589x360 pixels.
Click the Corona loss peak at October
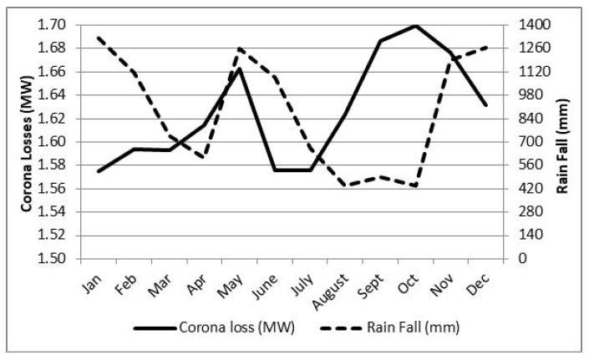(x=415, y=25)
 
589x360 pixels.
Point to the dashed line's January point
(x=99, y=38)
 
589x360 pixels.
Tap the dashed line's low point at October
(x=415, y=185)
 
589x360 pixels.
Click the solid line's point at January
(x=99, y=171)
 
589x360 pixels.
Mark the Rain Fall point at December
(x=485, y=48)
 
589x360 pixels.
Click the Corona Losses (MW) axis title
(x=26, y=141)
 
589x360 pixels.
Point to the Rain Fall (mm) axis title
(x=562, y=142)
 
